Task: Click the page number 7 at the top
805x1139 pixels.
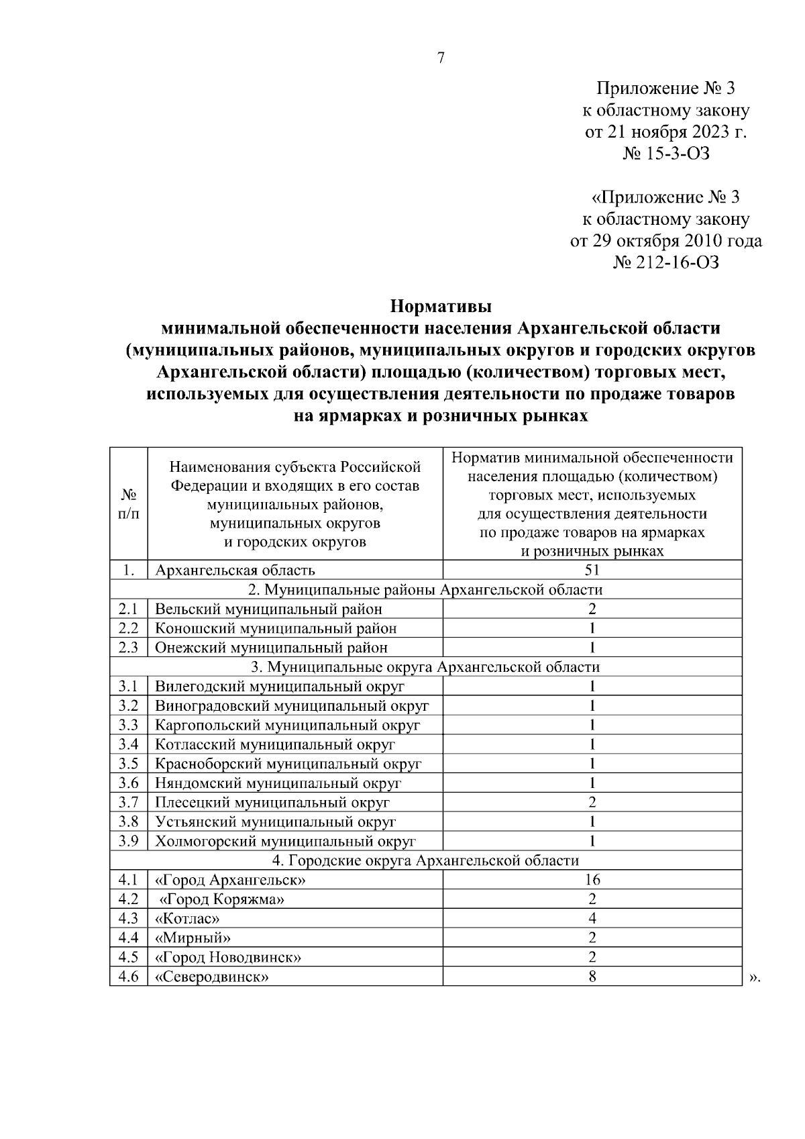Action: click(441, 58)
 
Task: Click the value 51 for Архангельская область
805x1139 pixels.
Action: click(592, 571)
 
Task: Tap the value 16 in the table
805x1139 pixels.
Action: click(592, 880)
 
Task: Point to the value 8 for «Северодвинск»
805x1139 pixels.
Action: click(592, 977)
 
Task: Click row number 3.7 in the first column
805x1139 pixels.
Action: click(128, 803)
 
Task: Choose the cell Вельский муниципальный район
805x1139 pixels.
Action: click(268, 609)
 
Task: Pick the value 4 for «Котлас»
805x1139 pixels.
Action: click(592, 919)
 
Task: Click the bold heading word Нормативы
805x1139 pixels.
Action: click(441, 307)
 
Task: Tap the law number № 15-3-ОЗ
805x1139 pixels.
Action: click(666, 154)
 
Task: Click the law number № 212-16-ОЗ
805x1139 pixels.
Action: click(666, 262)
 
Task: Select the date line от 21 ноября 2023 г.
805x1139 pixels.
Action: click(666, 132)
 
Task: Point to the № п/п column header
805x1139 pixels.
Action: click(128, 503)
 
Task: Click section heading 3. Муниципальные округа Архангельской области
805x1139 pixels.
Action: click(425, 667)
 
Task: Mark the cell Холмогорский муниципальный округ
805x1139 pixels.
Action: click(285, 842)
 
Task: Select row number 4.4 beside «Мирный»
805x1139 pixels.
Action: click(128, 938)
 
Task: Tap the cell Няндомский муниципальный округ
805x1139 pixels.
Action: click(278, 783)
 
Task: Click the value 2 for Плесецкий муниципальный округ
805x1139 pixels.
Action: click(592, 803)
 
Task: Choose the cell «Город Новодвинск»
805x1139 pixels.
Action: click(228, 957)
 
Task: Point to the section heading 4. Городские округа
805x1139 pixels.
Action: click(425, 860)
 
